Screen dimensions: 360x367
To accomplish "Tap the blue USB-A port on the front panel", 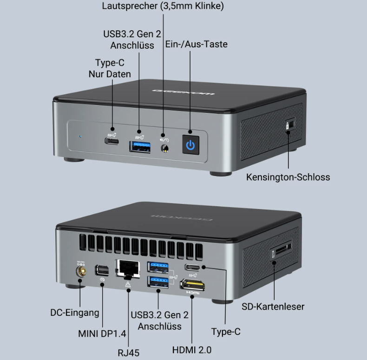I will coord(140,147).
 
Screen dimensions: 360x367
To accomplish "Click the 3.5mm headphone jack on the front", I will coord(164,149).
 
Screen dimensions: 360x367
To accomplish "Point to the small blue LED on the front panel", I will coord(80,137).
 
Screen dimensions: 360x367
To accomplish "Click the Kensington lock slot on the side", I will coord(288,125).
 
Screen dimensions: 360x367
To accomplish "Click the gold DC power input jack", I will coord(80,269).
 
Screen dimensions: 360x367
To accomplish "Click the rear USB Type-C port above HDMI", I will coord(192,267).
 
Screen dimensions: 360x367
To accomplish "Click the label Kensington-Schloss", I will coord(288,177).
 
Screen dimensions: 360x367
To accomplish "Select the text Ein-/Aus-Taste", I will coord(196,44).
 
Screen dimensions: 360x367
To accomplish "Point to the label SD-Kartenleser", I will coord(273,306).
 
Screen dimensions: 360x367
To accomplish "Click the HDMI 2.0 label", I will coord(192,350).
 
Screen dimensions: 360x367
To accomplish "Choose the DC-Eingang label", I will coord(75,313).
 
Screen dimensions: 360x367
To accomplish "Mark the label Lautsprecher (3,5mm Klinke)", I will coord(163,6).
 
